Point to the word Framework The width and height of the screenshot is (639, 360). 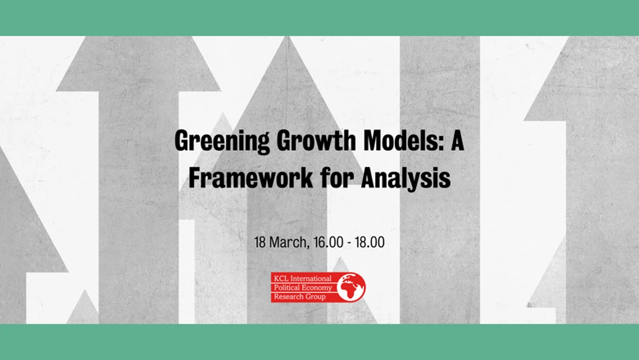(250, 178)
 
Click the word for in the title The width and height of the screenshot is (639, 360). (337, 178)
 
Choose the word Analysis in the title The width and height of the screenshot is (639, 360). (406, 179)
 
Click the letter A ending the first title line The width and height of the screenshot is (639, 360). (457, 140)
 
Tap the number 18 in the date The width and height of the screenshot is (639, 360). (260, 242)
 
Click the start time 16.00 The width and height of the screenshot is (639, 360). (328, 242)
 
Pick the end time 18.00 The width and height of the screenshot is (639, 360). (370, 242)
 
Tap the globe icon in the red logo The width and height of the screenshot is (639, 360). (350, 287)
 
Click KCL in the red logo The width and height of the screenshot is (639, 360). (281, 279)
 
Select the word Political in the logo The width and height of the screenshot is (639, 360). (286, 288)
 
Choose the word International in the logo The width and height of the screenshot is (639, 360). (310, 279)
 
